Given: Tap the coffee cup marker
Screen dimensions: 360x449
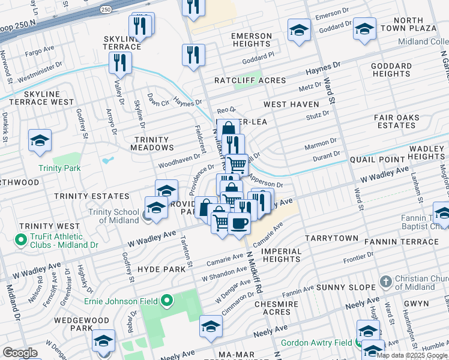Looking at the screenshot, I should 239,223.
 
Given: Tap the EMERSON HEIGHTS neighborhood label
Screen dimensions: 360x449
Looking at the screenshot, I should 252,40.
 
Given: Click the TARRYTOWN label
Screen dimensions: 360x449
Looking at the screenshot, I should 331,238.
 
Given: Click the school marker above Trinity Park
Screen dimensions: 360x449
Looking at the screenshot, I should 40,141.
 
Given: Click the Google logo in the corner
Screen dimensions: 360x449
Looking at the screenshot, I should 20,353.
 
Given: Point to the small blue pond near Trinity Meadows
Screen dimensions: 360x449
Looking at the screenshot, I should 107,161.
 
